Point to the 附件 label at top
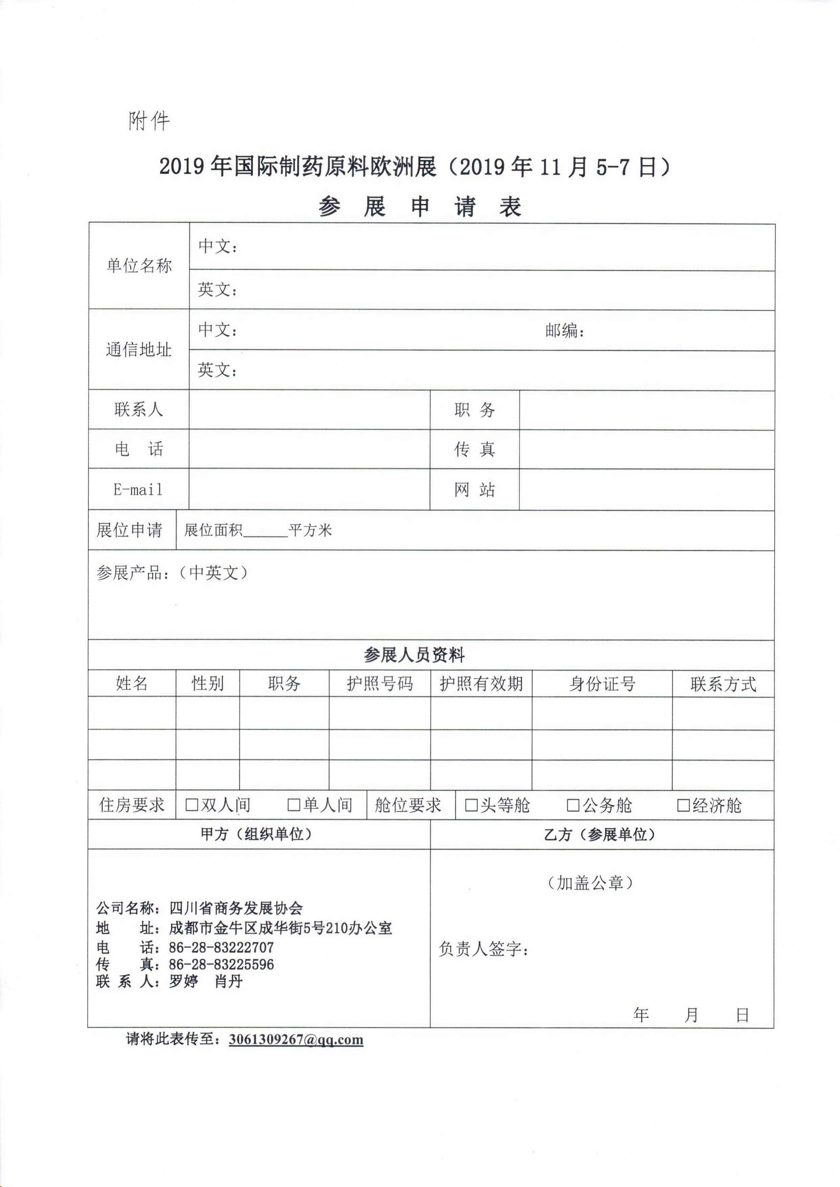pyautogui.click(x=149, y=121)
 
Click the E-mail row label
pyautogui.click(x=138, y=489)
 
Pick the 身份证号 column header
pyautogui.click(x=602, y=684)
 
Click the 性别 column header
pyautogui.click(x=207, y=684)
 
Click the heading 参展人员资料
pyautogui.click(x=414, y=655)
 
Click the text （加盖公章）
pyautogui.click(x=590, y=882)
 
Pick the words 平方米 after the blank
pyautogui.click(x=310, y=530)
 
